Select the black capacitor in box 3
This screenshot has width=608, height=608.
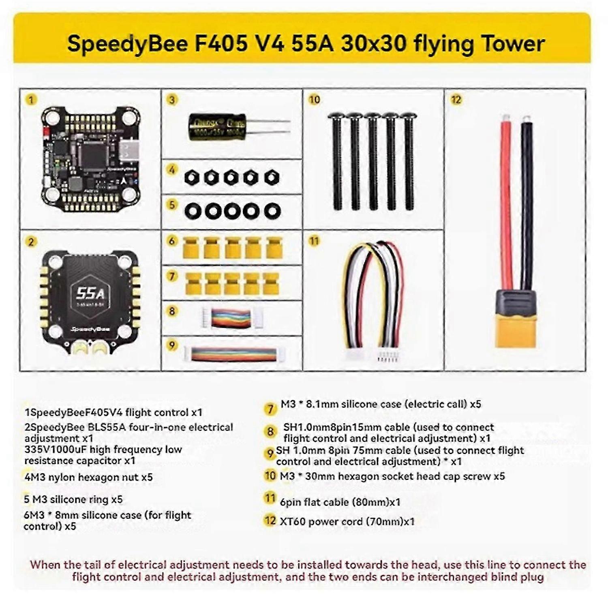pos(217,127)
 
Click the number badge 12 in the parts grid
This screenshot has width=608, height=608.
pos(456,100)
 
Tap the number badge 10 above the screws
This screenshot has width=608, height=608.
pos(315,100)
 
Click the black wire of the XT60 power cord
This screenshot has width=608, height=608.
pos(527,203)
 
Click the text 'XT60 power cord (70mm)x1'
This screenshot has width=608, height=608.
pos(347,521)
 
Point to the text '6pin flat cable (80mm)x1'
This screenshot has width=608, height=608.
pos(340,502)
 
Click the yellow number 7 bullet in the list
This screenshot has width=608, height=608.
pos(270,409)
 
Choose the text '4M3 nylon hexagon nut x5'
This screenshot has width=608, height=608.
pos(88,477)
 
